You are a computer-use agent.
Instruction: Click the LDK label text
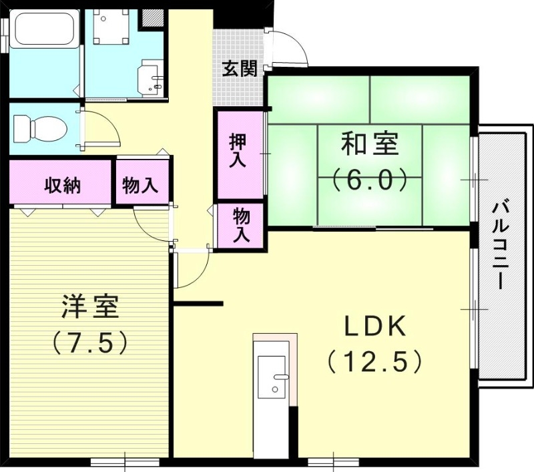(375, 326)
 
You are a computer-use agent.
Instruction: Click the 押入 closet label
(238, 151)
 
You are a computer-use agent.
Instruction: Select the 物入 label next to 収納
(141, 185)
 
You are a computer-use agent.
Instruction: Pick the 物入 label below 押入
(241, 225)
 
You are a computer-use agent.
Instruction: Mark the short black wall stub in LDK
(198, 304)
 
